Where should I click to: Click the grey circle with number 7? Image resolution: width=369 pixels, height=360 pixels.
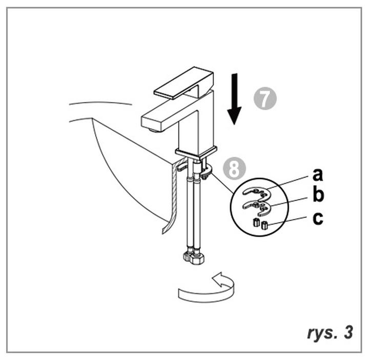click(265, 98)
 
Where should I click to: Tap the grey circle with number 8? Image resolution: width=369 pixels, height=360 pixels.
click(234, 169)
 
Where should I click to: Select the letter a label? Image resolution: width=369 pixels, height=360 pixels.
click(317, 174)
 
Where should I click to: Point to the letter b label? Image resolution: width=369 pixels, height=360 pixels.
click(318, 194)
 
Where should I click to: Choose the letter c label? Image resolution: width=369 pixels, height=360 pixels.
click(318, 218)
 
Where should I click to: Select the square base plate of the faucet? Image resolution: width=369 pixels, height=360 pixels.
click(196, 153)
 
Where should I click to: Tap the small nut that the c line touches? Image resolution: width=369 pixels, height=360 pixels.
click(265, 225)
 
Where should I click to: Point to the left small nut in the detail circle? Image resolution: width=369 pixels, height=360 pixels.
click(256, 222)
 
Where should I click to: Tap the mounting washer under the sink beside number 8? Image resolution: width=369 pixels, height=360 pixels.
click(206, 171)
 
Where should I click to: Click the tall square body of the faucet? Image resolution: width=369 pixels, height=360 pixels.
click(196, 123)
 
